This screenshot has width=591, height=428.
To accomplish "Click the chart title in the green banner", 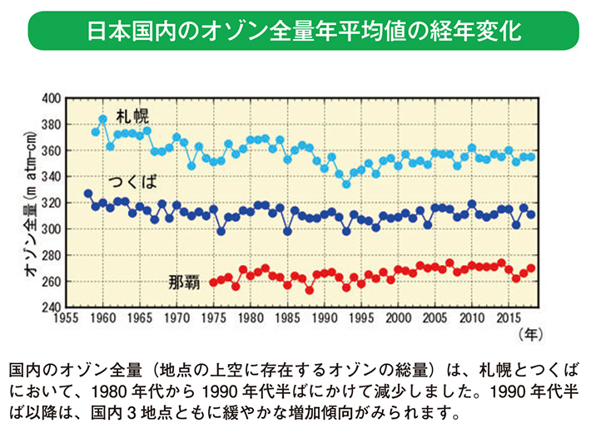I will pos(295,31).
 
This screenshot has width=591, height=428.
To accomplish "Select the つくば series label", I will pos(132,181).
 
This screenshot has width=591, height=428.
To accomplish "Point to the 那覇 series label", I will pos(184,283).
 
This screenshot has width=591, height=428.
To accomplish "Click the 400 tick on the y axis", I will pos(52,98).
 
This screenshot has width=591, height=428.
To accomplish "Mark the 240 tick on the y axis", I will pos(52,307).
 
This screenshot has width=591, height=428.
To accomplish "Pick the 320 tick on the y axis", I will pos(52,202).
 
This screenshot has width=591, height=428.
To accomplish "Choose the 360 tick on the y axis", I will pos(52,150).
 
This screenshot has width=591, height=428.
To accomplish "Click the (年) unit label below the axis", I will pos(529,335).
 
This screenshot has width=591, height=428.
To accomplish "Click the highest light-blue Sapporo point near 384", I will pos(103,119).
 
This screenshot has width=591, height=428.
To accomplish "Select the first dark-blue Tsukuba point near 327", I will pos(88,194).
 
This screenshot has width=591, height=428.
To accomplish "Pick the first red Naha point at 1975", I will pos(213,283).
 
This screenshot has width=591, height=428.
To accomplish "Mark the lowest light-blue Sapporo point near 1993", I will pos(346,184).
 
